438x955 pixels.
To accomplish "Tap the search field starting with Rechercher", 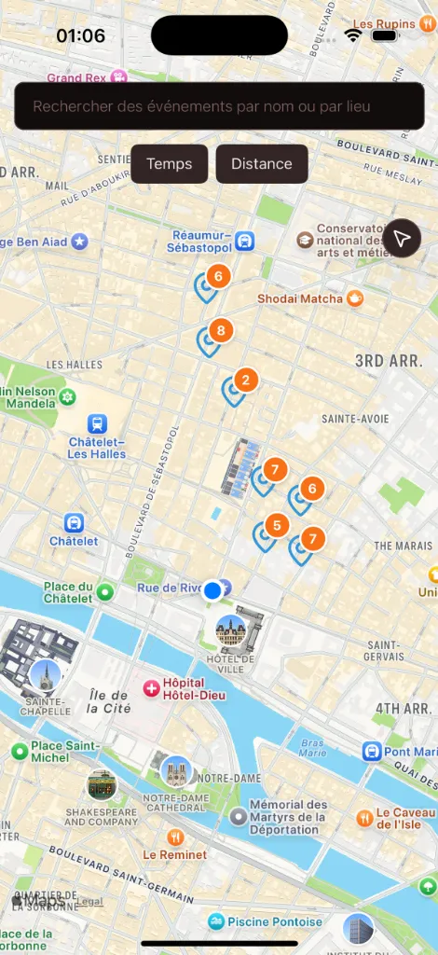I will point(219,106).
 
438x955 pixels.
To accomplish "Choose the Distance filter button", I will point(262,164).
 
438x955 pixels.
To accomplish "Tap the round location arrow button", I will point(402,240).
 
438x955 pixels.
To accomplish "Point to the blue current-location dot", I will point(212,590).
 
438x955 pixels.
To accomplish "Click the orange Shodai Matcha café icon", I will point(354,298).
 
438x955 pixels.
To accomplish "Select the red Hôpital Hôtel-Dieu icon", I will point(150,688).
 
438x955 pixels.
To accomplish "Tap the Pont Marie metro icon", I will point(371,752).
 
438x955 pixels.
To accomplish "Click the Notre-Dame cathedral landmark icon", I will point(174,772).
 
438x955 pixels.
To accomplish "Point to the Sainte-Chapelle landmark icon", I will point(45,674).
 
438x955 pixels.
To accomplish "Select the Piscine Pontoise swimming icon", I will point(217,921).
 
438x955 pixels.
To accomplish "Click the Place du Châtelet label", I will point(68,592).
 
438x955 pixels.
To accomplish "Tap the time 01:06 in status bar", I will point(80,35).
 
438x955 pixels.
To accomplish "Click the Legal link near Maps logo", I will point(90,902).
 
